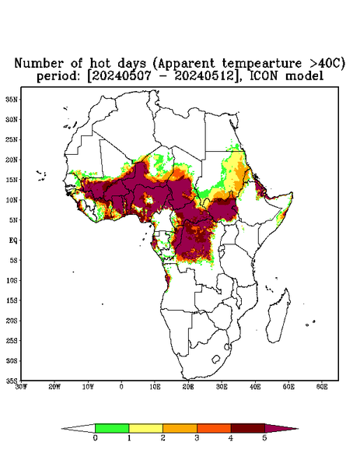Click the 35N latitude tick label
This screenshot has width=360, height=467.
[12, 99]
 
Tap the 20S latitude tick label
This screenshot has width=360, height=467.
[12, 321]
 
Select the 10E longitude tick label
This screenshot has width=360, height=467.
[155, 387]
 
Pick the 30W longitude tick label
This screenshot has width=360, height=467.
[21, 387]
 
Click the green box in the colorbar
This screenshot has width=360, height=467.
[112, 428]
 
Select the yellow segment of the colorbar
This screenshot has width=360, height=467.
[145, 428]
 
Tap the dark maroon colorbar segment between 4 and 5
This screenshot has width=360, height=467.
[248, 428]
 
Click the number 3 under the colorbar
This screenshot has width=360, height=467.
[197, 438]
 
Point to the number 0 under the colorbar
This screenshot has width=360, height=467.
[95, 438]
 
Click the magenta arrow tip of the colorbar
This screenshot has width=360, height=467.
[298, 429]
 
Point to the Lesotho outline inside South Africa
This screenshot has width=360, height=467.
[216, 359]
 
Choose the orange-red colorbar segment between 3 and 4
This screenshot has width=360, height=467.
[214, 428]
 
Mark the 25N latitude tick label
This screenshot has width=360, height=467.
[12, 139]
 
